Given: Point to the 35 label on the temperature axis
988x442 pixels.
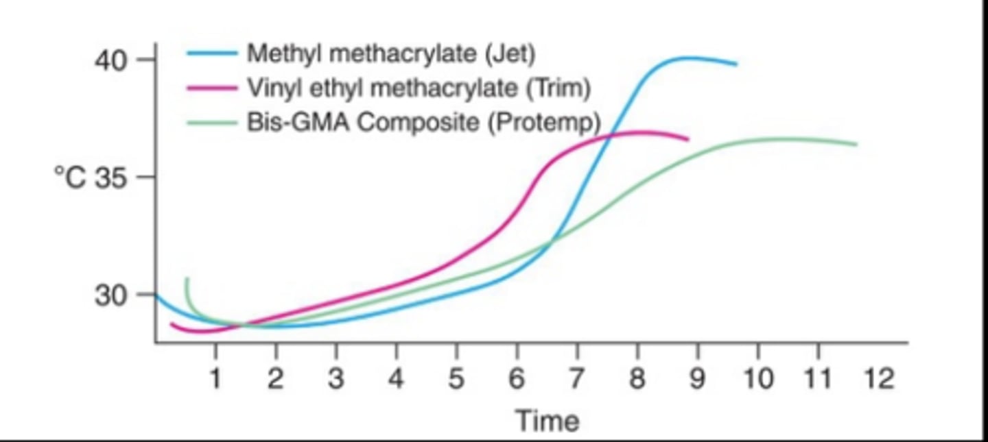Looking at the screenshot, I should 112,177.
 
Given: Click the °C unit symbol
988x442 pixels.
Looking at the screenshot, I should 70,177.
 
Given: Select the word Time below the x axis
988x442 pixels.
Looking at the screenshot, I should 547,420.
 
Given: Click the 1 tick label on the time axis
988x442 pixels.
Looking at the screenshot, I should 215,378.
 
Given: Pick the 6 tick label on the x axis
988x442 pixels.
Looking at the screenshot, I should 517,378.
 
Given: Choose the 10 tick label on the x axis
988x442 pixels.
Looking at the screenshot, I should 757,378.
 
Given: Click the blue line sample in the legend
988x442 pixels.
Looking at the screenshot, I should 213,53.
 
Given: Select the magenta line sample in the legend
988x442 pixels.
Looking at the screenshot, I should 213,88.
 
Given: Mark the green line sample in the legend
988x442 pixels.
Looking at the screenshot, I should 213,123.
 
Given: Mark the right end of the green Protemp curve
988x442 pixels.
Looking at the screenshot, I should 856,144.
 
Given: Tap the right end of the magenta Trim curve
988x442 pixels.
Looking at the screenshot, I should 687,139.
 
